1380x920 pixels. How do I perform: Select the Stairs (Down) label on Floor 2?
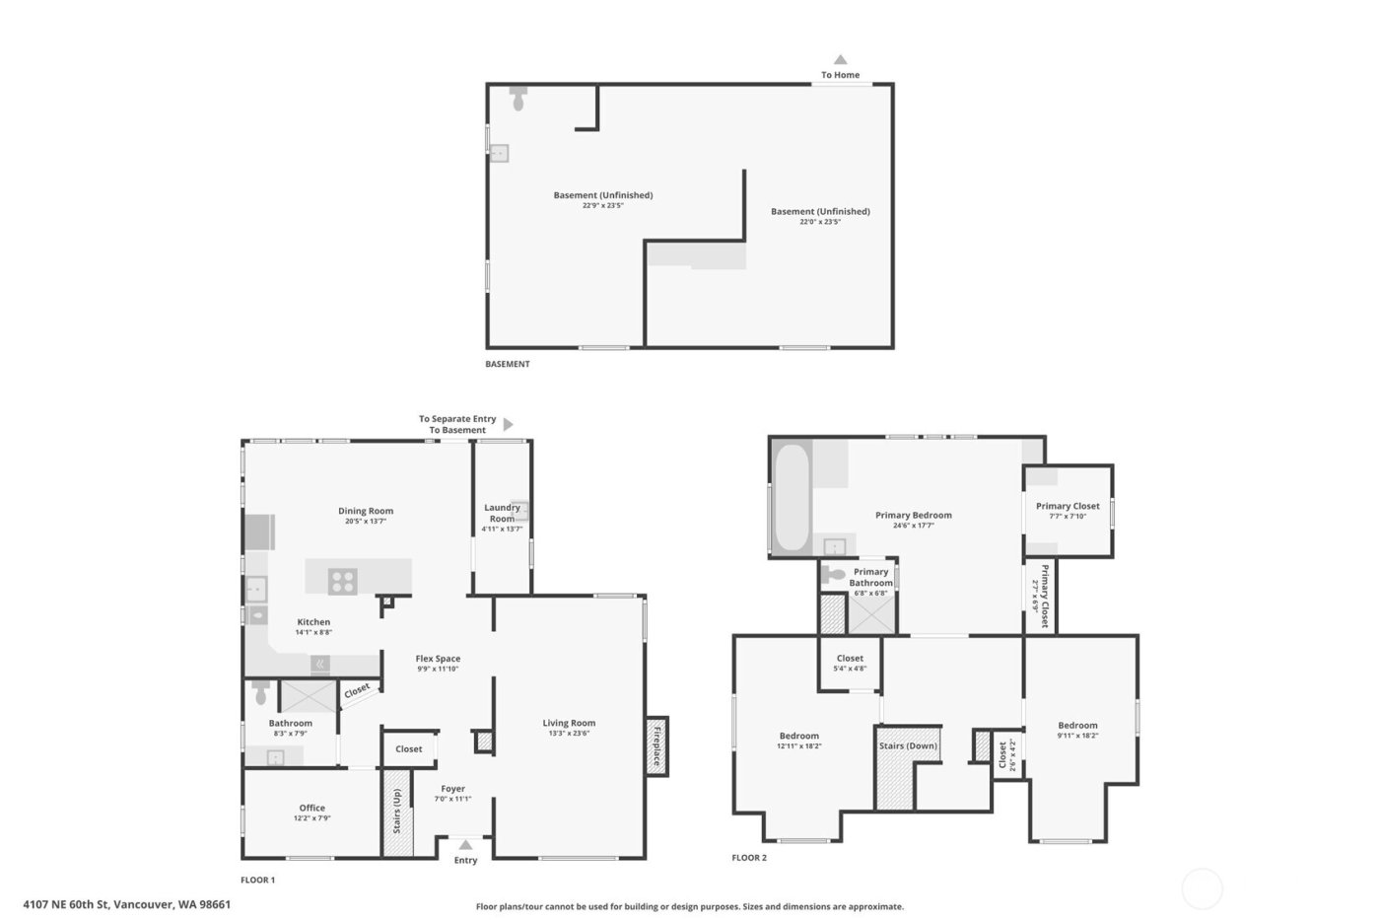[908, 745]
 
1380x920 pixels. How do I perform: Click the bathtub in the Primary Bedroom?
[791, 498]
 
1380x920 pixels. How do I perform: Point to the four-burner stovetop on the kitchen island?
[343, 582]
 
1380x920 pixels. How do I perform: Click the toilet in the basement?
[519, 98]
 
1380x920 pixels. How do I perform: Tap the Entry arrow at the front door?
[465, 845]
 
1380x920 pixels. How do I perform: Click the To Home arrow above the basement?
[840, 60]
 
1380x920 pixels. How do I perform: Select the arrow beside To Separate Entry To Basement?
[509, 425]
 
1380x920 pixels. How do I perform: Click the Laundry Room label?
[502, 513]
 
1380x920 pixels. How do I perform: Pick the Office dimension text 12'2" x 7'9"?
[311, 818]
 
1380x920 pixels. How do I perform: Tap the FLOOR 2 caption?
[749, 858]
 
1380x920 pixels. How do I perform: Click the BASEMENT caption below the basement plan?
[508, 364]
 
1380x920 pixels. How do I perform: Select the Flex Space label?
[438, 659]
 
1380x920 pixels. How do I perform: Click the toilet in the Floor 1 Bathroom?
[260, 693]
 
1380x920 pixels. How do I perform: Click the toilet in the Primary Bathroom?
[836, 574]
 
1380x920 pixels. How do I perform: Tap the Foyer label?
[452, 789]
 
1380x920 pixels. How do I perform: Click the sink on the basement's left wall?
[500, 153]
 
